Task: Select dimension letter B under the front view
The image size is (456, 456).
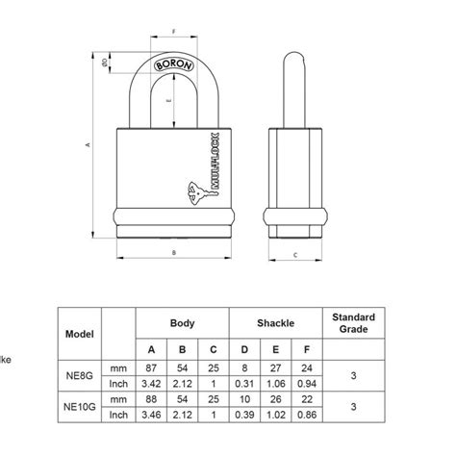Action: pos(174,253)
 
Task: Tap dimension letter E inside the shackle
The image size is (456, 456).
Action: pos(170,99)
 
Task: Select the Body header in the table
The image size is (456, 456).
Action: pos(182,323)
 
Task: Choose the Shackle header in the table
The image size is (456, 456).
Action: pos(275,323)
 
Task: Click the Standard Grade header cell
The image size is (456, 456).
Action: pos(353,323)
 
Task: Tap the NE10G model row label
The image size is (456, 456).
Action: pos(80,406)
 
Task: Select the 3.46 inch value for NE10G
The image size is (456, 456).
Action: pos(150,414)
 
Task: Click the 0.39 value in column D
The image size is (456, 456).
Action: pos(244,414)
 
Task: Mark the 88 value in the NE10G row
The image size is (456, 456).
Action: pos(150,397)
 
